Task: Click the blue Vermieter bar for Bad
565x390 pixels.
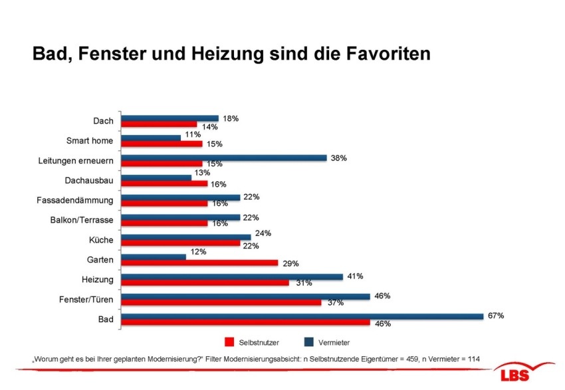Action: tap(302, 316)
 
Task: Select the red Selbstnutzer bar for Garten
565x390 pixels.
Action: tap(200, 262)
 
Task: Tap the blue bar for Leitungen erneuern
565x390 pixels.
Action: tap(225, 158)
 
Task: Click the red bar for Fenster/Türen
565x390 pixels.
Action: tap(222, 302)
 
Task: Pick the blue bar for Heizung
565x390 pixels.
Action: tap(233, 276)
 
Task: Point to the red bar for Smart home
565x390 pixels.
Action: tap(162, 144)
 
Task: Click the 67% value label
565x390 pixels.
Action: tap(496, 316)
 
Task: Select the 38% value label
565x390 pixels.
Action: tap(338, 158)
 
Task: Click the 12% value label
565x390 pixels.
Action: tap(198, 252)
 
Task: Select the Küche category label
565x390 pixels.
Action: tap(101, 240)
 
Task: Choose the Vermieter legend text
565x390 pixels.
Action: tap(334, 342)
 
